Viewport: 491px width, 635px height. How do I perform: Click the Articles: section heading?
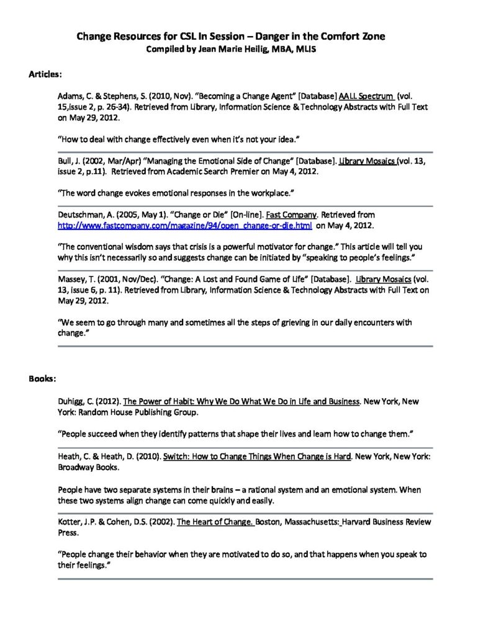point(45,74)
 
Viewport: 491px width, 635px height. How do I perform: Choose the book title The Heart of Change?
point(215,522)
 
